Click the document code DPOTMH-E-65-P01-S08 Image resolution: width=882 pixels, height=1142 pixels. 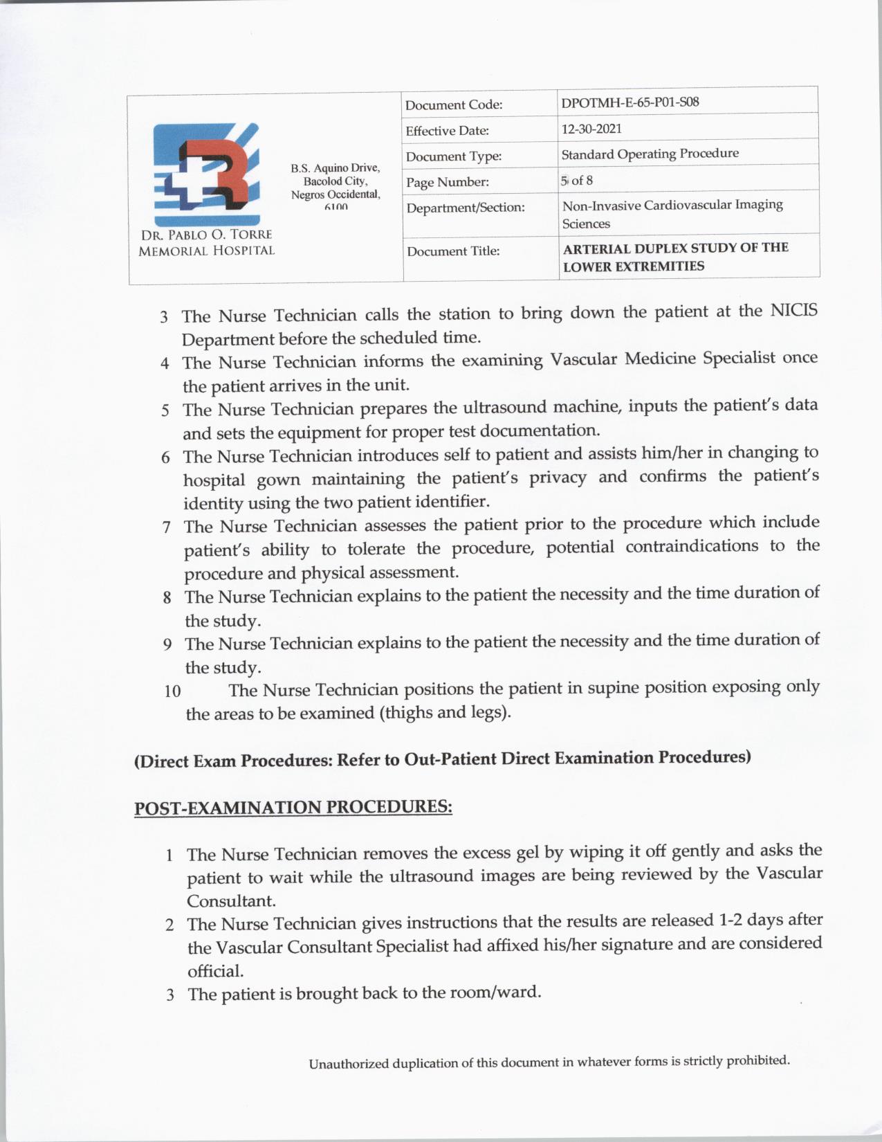(x=630, y=102)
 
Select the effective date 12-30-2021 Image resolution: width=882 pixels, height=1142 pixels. (x=591, y=129)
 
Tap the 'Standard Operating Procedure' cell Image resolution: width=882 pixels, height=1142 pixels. (x=650, y=154)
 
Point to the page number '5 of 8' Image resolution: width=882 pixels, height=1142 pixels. (x=577, y=181)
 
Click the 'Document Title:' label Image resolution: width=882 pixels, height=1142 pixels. (x=453, y=251)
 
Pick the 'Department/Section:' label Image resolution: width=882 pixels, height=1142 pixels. (x=466, y=208)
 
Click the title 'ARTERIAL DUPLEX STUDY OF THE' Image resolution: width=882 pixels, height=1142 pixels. (x=675, y=248)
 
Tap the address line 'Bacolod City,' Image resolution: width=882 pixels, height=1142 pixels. (x=336, y=181)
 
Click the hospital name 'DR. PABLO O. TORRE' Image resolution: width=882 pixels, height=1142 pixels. (x=206, y=235)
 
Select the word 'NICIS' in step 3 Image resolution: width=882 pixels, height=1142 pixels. (x=793, y=311)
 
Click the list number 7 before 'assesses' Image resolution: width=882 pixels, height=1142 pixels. (x=167, y=527)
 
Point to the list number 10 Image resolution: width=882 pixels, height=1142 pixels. (x=172, y=691)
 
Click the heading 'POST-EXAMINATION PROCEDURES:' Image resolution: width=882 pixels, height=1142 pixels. (x=293, y=808)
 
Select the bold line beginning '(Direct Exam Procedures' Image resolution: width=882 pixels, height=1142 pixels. (x=442, y=759)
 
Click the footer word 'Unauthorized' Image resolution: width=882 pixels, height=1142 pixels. (x=349, y=1064)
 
